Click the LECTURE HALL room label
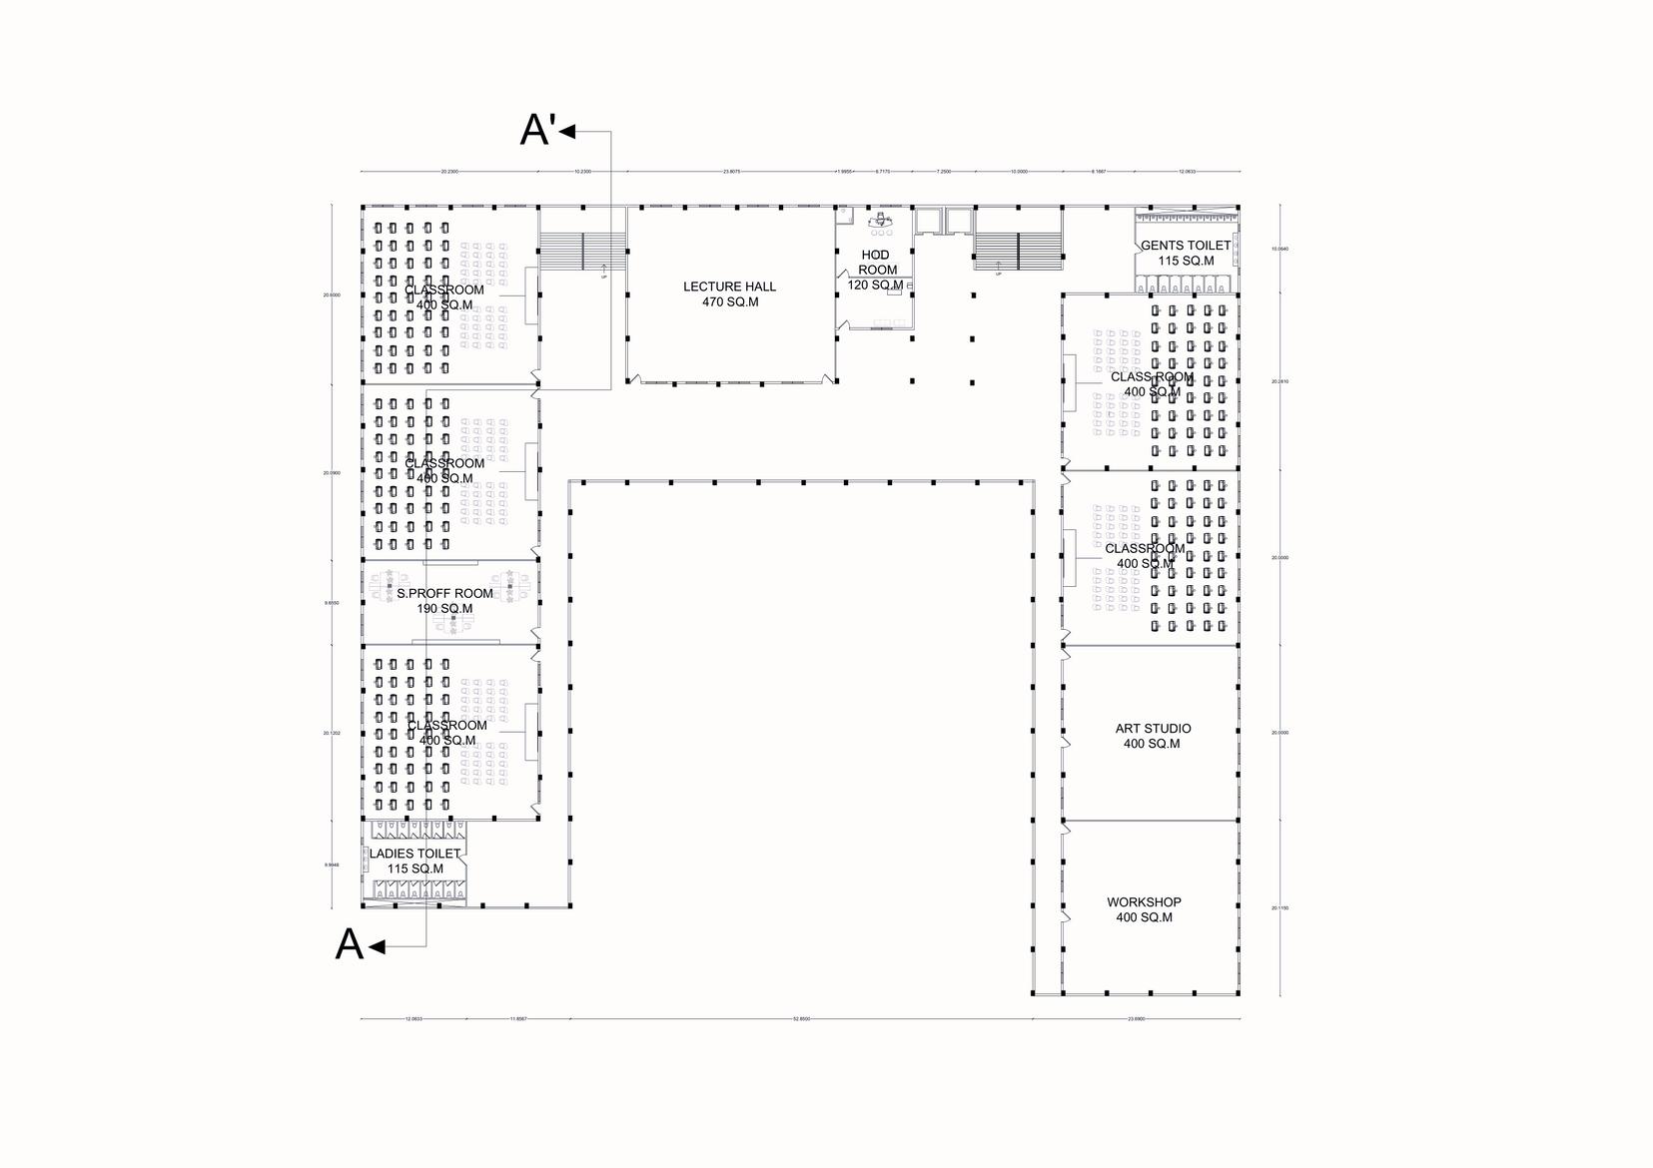pos(729,287)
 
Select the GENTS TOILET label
pos(1186,246)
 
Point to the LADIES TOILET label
pos(415,854)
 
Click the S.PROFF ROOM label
pos(444,593)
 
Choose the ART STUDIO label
pos(1153,728)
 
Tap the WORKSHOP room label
pos(1144,902)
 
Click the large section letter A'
pos(537,131)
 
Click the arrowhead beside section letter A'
pos(567,131)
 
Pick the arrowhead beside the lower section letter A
pos(377,946)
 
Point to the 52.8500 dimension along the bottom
pos(801,1019)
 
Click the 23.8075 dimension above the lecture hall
pos(731,172)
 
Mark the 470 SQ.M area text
pos(730,301)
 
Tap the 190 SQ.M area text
pos(444,608)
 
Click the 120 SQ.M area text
pos(875,285)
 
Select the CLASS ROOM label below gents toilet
pos(1152,377)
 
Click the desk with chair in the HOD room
pos(880,220)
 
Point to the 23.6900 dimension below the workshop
pos(1136,1019)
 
